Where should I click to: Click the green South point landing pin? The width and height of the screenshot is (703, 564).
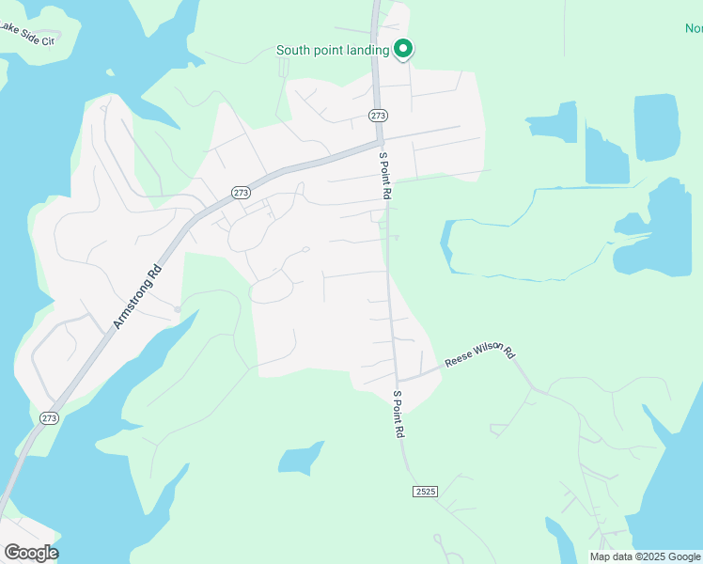click(404, 48)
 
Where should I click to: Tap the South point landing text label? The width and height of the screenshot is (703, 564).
click(333, 50)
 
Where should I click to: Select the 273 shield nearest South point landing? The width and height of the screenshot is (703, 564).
click(378, 115)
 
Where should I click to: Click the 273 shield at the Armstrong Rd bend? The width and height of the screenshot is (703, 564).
click(241, 192)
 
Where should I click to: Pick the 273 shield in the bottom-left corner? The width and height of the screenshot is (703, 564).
click(49, 418)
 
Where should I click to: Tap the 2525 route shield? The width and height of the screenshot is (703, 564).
click(425, 492)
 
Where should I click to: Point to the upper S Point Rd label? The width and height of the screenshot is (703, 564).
click(384, 175)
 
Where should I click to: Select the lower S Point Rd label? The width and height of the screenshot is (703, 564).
click(398, 414)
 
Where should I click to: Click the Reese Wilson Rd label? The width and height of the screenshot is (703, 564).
click(480, 354)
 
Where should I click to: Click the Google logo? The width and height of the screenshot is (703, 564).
click(31, 552)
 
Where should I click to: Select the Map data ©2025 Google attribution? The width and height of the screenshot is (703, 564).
click(645, 556)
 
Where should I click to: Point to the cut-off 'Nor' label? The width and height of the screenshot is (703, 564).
click(694, 28)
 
